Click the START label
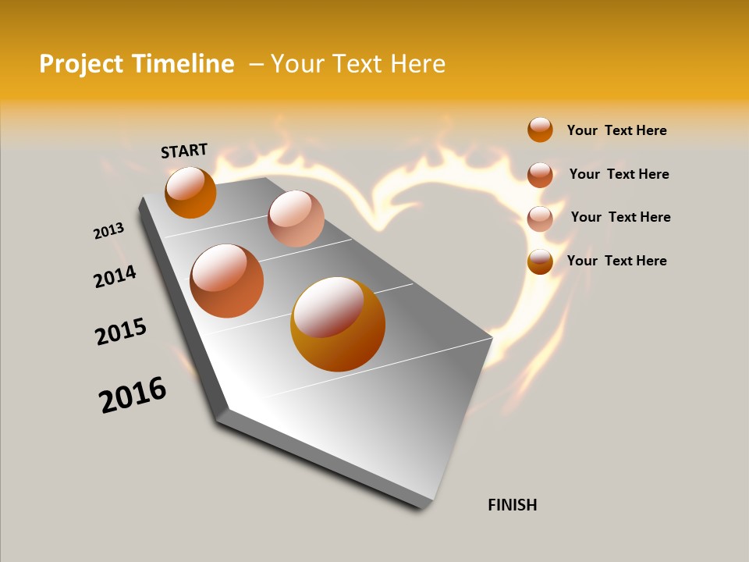[184, 151]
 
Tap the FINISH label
[512, 505]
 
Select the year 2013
[108, 231]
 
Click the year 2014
[115, 276]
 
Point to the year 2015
[121, 332]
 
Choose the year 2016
[133, 395]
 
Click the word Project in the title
[82, 64]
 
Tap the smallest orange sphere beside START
[190, 192]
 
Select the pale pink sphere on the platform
[296, 219]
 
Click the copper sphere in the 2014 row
[227, 281]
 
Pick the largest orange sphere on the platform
[338, 324]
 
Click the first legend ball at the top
[540, 130]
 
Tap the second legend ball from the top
[540, 174]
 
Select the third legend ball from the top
[540, 218]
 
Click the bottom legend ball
[540, 261]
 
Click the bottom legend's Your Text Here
[616, 261]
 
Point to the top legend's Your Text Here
[616, 130]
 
